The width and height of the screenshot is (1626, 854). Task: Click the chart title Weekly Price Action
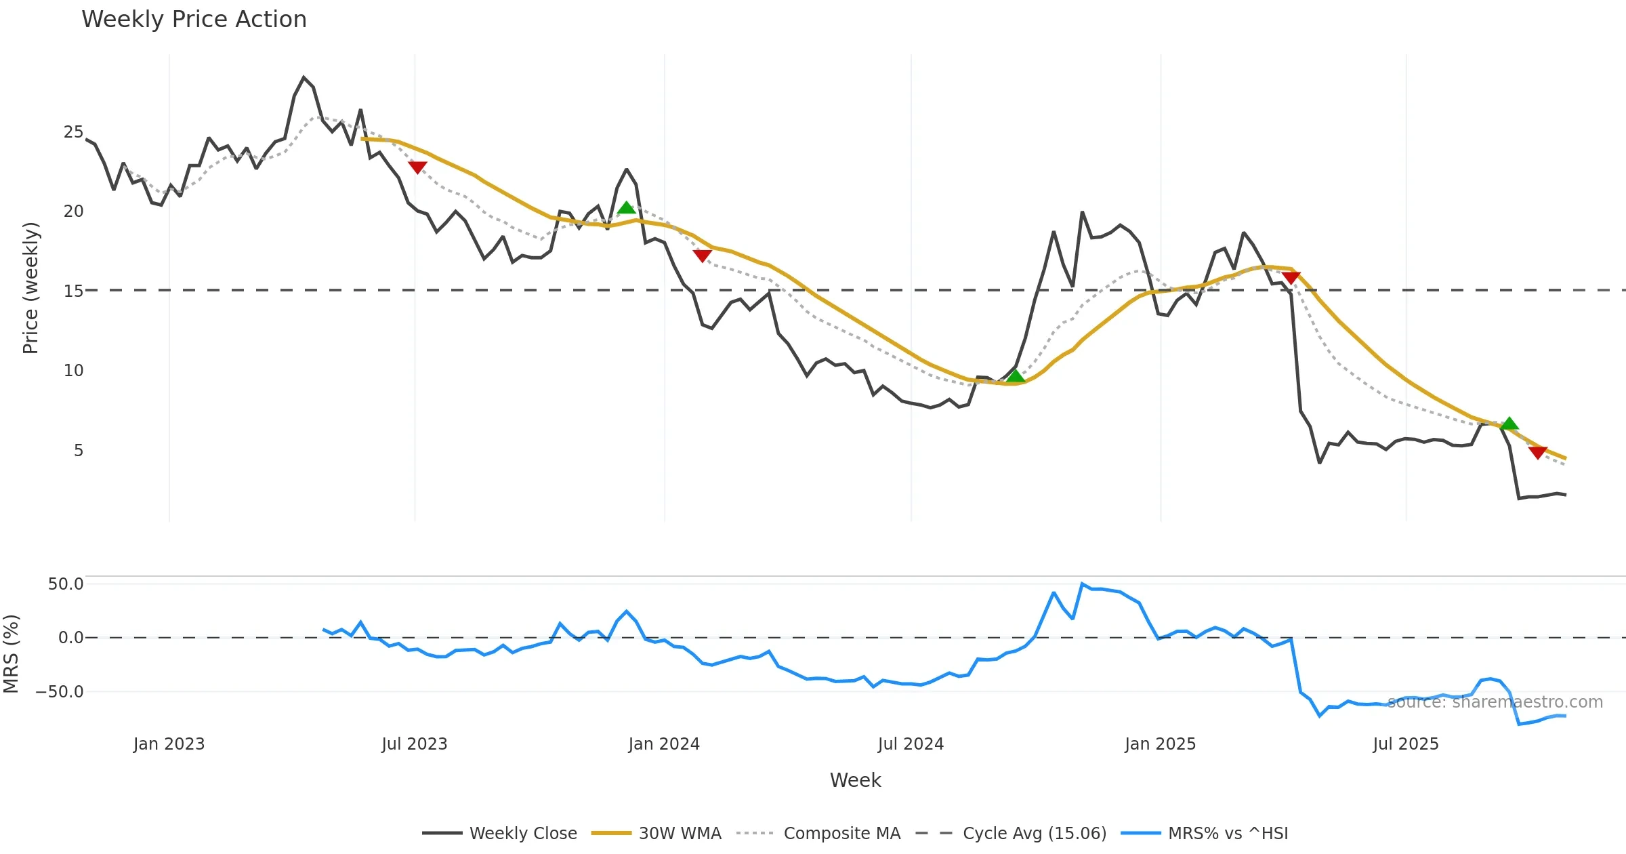pyautogui.click(x=194, y=20)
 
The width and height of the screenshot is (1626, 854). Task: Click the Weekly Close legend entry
pyautogui.click(x=522, y=833)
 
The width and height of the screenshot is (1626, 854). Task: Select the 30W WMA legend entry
pyautogui.click(x=680, y=833)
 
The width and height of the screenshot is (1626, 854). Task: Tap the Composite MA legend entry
pyautogui.click(x=841, y=833)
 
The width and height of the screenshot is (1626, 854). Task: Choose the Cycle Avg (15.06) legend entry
pyautogui.click(x=1034, y=833)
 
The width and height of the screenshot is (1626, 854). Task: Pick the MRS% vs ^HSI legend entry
pyautogui.click(x=1228, y=833)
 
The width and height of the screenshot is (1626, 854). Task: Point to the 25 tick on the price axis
pyautogui.click(x=73, y=132)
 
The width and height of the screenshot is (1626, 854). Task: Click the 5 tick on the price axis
pyautogui.click(x=79, y=451)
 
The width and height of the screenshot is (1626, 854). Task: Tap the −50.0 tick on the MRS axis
pyautogui.click(x=60, y=692)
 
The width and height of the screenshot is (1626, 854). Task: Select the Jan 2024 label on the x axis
pyautogui.click(x=664, y=744)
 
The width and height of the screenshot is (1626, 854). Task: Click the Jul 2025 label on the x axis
pyautogui.click(x=1406, y=744)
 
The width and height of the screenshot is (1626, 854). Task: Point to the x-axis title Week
pyautogui.click(x=855, y=780)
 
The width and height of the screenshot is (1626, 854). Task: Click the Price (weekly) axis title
pyautogui.click(x=31, y=288)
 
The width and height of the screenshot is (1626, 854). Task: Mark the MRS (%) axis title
pyautogui.click(x=11, y=654)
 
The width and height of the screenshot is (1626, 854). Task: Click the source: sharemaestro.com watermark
pyautogui.click(x=1495, y=702)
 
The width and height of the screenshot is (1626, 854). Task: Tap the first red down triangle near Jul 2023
pyautogui.click(x=417, y=167)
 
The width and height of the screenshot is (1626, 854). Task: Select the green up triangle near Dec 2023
pyautogui.click(x=627, y=207)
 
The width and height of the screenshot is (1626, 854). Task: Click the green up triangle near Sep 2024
pyautogui.click(x=1015, y=376)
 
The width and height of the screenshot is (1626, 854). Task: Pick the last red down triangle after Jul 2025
pyautogui.click(x=1538, y=452)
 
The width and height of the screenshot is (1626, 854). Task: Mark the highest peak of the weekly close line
pyautogui.click(x=304, y=77)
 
